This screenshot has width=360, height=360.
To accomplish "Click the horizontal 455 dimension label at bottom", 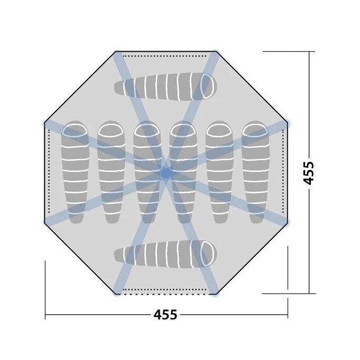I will [165, 315].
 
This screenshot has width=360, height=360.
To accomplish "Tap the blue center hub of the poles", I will [166, 172].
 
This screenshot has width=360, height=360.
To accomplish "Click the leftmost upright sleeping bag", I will [74, 172].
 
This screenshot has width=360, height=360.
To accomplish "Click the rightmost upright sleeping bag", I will [255, 172].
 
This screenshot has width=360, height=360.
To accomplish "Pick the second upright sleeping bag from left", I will [110, 172].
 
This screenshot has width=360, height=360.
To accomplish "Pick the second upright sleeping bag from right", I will [219, 172].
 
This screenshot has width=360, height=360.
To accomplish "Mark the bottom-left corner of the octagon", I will [117, 293].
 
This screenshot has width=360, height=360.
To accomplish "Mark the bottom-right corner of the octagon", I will [215, 293].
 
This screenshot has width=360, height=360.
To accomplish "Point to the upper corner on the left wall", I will [45, 123].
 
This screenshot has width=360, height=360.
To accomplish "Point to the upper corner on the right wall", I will [287, 123].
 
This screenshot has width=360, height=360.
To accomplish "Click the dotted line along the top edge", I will [166, 55].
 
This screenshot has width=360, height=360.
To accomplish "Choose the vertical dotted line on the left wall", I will [49, 172].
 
